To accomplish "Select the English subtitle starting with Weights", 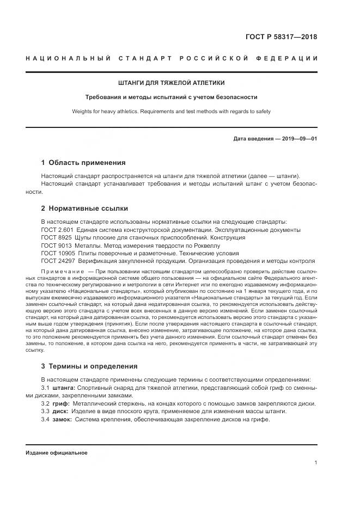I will pos(171,111).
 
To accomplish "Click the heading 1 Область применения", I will pos(83,162).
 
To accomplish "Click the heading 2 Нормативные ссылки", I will pos(84,208).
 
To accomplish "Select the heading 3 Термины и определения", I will pos(89,366).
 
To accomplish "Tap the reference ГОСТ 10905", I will pos(56,253).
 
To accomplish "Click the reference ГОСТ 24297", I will pos(56,261).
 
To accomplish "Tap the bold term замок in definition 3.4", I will pos(63,420).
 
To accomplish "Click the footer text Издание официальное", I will pos(56,453).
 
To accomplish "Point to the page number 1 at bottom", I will pos(315,462).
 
